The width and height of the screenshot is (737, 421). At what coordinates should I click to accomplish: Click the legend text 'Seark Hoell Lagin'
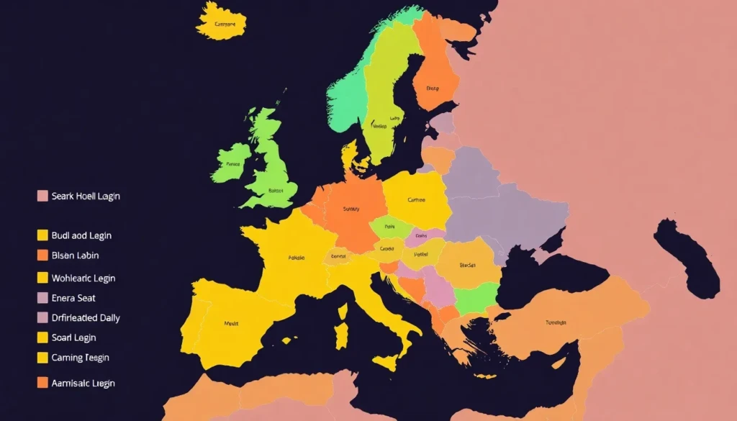[x=86, y=196]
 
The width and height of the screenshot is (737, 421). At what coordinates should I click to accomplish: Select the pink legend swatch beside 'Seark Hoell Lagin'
[x=42, y=196]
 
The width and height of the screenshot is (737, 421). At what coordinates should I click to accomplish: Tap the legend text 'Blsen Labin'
[x=76, y=255]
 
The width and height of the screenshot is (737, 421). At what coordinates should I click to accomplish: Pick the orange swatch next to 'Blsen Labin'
[x=42, y=255]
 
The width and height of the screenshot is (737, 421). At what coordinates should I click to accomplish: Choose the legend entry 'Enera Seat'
[x=73, y=298]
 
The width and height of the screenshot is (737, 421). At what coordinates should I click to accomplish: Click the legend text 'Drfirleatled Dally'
[x=86, y=317]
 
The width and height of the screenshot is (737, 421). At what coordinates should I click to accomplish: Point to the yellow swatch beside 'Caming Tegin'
[x=42, y=358]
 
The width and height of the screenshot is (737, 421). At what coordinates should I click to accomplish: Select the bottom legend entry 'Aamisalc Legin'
[x=83, y=383]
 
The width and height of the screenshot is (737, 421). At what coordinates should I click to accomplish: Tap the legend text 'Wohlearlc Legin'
[x=83, y=278]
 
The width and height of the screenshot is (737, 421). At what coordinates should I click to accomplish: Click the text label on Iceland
[x=225, y=24]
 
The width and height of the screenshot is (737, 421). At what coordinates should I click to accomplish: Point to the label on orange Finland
[x=432, y=89]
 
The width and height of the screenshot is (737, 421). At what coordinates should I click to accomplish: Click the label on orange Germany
[x=351, y=209]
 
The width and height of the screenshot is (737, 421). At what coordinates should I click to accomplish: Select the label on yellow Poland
[x=416, y=200]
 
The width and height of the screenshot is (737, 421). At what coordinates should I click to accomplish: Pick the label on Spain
[x=231, y=323]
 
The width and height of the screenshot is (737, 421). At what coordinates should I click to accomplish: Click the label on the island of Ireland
[x=232, y=164]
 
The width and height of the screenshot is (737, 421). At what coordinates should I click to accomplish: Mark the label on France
[x=296, y=257]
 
